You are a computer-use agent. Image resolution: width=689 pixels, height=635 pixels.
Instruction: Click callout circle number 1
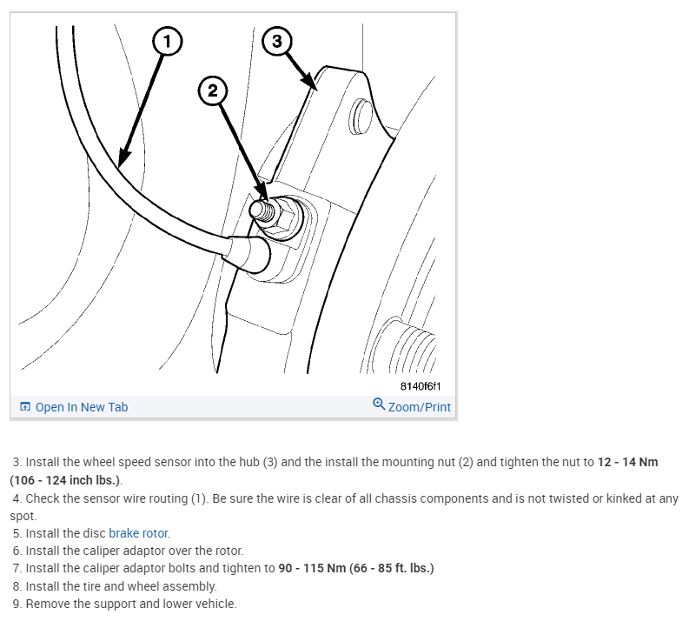point(168,40)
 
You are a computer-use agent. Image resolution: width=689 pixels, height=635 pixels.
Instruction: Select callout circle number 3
point(277,41)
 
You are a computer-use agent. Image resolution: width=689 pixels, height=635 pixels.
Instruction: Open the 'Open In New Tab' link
point(81,407)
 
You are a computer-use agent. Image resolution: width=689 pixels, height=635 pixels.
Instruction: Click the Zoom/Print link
point(420,407)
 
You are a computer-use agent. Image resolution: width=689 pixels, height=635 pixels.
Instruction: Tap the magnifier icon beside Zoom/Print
point(379,404)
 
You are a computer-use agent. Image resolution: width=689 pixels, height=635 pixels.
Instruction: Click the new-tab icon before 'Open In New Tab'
point(24,407)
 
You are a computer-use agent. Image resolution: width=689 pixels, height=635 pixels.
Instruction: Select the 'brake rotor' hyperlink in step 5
point(139,533)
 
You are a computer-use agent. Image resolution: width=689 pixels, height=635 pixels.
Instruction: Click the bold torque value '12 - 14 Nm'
point(627,462)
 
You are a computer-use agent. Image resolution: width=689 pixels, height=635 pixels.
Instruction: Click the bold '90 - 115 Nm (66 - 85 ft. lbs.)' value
point(355,568)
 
